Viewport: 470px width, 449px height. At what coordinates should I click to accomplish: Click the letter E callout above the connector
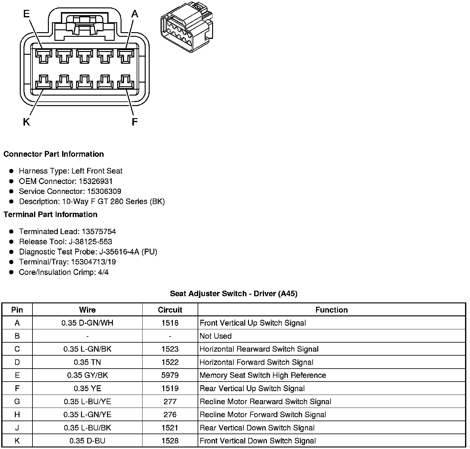(x=27, y=14)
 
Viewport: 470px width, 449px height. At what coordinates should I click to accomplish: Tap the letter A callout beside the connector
(x=135, y=14)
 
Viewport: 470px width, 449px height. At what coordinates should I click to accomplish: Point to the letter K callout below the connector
(x=27, y=122)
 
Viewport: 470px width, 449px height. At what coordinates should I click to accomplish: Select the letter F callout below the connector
(x=135, y=122)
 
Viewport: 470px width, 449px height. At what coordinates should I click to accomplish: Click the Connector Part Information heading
(x=54, y=154)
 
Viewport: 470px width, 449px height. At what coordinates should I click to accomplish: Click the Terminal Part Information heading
(x=50, y=214)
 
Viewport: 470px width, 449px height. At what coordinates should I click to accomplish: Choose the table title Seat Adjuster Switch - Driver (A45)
(x=233, y=293)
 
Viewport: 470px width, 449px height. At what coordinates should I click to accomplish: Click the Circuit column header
(x=170, y=310)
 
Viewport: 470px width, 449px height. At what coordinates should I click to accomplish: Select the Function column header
(x=331, y=310)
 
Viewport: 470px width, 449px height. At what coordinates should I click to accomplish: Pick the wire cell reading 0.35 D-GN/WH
(x=87, y=323)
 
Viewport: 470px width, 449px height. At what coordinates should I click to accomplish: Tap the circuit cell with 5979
(x=170, y=375)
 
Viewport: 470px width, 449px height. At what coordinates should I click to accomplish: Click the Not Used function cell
(x=216, y=336)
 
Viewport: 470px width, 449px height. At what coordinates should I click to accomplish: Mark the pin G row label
(x=17, y=401)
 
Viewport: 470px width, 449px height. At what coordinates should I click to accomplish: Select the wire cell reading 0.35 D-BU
(x=87, y=441)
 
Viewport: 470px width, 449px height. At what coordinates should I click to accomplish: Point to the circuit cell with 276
(x=170, y=414)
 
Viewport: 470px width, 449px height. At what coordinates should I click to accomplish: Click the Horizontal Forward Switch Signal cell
(x=256, y=362)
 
